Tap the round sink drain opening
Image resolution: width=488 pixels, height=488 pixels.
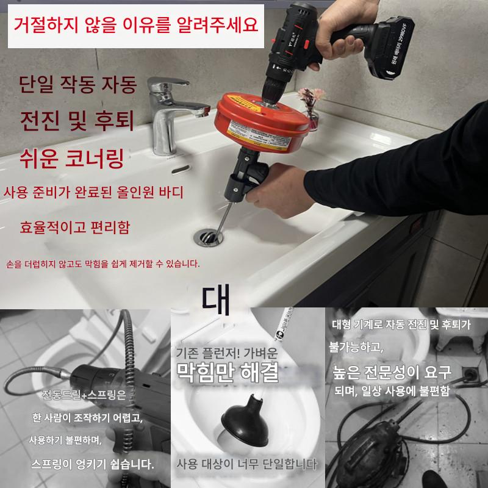(x=208, y=238)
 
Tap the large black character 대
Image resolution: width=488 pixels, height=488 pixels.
(x=216, y=300)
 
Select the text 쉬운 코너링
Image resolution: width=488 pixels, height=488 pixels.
(x=72, y=159)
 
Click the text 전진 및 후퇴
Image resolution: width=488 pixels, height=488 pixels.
(x=77, y=121)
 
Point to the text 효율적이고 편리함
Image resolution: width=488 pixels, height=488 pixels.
(x=74, y=227)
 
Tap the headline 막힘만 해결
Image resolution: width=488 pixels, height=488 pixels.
(x=228, y=373)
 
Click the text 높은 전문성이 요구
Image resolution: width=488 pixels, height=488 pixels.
(x=392, y=371)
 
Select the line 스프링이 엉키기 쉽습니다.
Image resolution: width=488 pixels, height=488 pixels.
(x=93, y=464)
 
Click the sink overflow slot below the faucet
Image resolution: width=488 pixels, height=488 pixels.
(x=181, y=170)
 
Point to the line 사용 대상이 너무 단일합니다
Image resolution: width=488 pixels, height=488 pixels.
(x=246, y=464)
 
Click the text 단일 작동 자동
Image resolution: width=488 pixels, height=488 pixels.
(x=78, y=84)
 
